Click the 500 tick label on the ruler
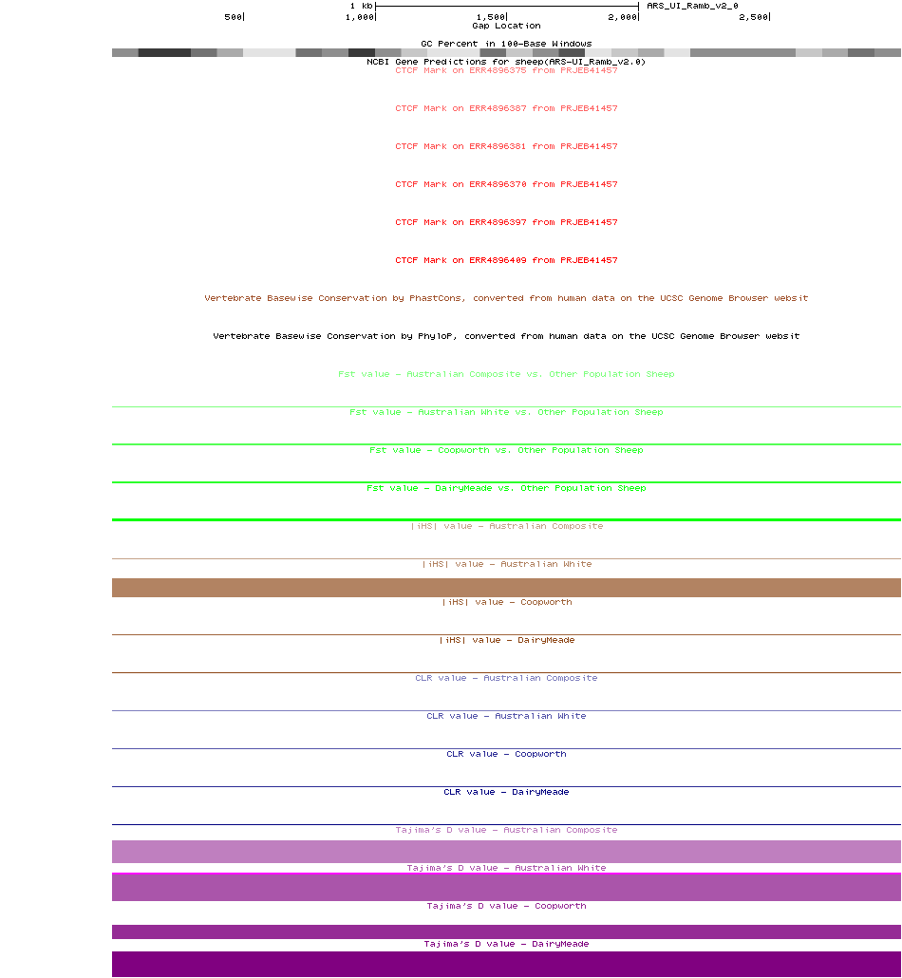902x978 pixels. tap(233, 17)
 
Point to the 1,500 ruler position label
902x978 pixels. tap(491, 17)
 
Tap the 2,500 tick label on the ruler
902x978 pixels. tap(753, 17)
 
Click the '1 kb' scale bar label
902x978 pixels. tap(361, 6)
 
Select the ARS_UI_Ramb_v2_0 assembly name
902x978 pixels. tap(692, 6)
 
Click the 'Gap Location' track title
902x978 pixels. tap(506, 26)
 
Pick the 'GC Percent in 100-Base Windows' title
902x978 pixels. tap(506, 44)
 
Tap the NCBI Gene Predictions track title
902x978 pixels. tap(506, 61)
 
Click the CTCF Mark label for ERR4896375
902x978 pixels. tap(506, 70)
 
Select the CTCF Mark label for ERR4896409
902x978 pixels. tap(506, 260)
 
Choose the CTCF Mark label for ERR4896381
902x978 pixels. tap(506, 146)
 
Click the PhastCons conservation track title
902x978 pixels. tap(506, 298)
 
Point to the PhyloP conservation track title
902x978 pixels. tap(506, 336)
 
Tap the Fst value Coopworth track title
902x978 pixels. tap(506, 450)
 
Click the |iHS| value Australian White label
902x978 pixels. tap(506, 564)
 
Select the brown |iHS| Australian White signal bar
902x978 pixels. tap(506, 588)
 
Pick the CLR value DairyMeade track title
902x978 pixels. tap(506, 792)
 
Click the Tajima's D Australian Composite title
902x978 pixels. tap(506, 830)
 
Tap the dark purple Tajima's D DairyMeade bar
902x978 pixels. tap(506, 964)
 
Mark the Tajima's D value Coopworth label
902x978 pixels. tap(506, 906)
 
